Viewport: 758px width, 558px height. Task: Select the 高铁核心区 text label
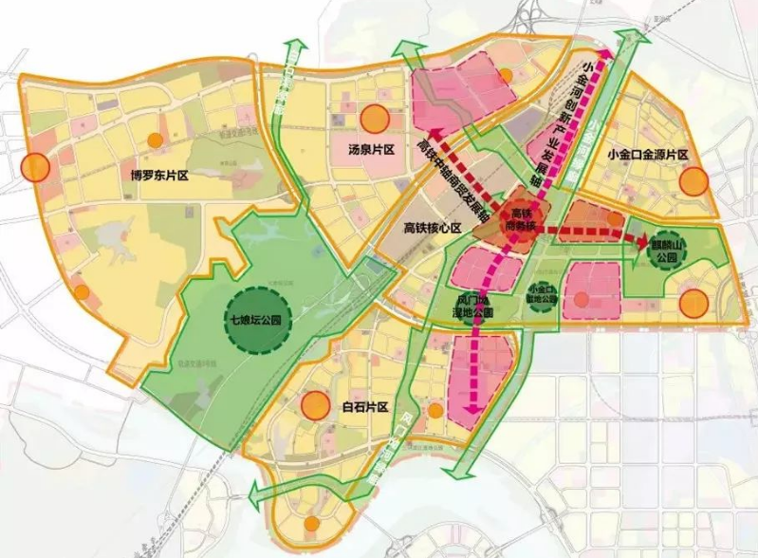point(431,228)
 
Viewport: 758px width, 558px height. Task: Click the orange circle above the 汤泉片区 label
point(374,120)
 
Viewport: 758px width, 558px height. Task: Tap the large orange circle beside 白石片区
point(311,406)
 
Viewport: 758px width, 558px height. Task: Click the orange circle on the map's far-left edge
point(35,168)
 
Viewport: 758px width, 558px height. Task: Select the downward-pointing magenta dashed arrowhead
point(467,411)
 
